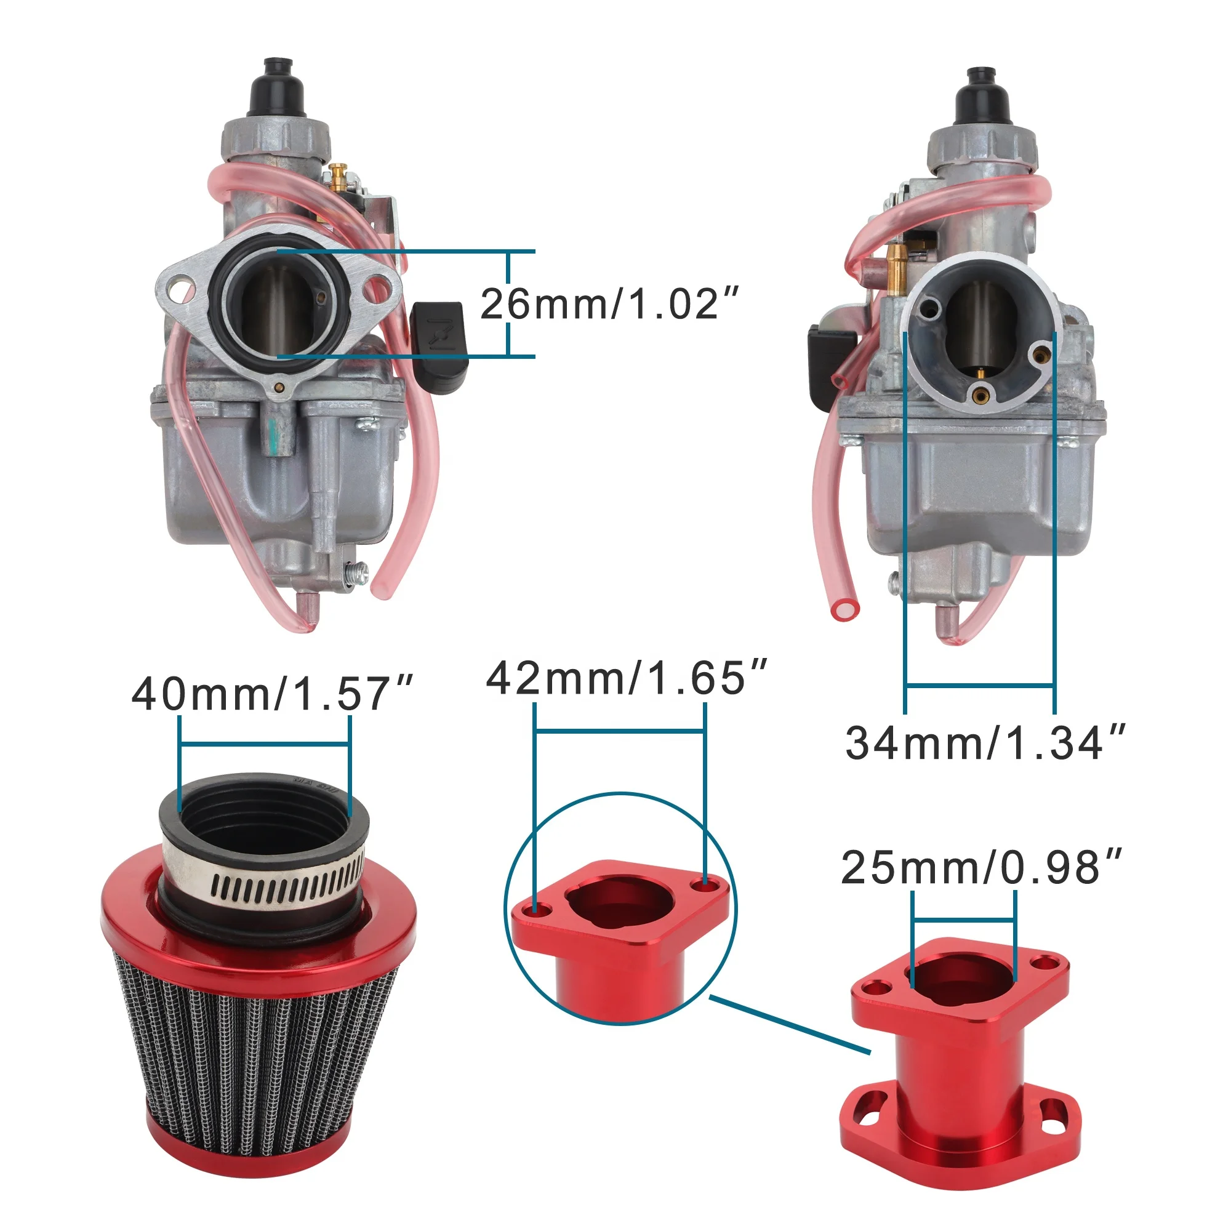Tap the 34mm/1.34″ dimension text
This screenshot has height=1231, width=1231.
(985, 743)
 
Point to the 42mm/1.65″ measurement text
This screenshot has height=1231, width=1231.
(627, 677)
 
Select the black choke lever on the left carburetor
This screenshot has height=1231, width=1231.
(439, 347)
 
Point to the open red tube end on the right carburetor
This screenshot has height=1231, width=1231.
(845, 609)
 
